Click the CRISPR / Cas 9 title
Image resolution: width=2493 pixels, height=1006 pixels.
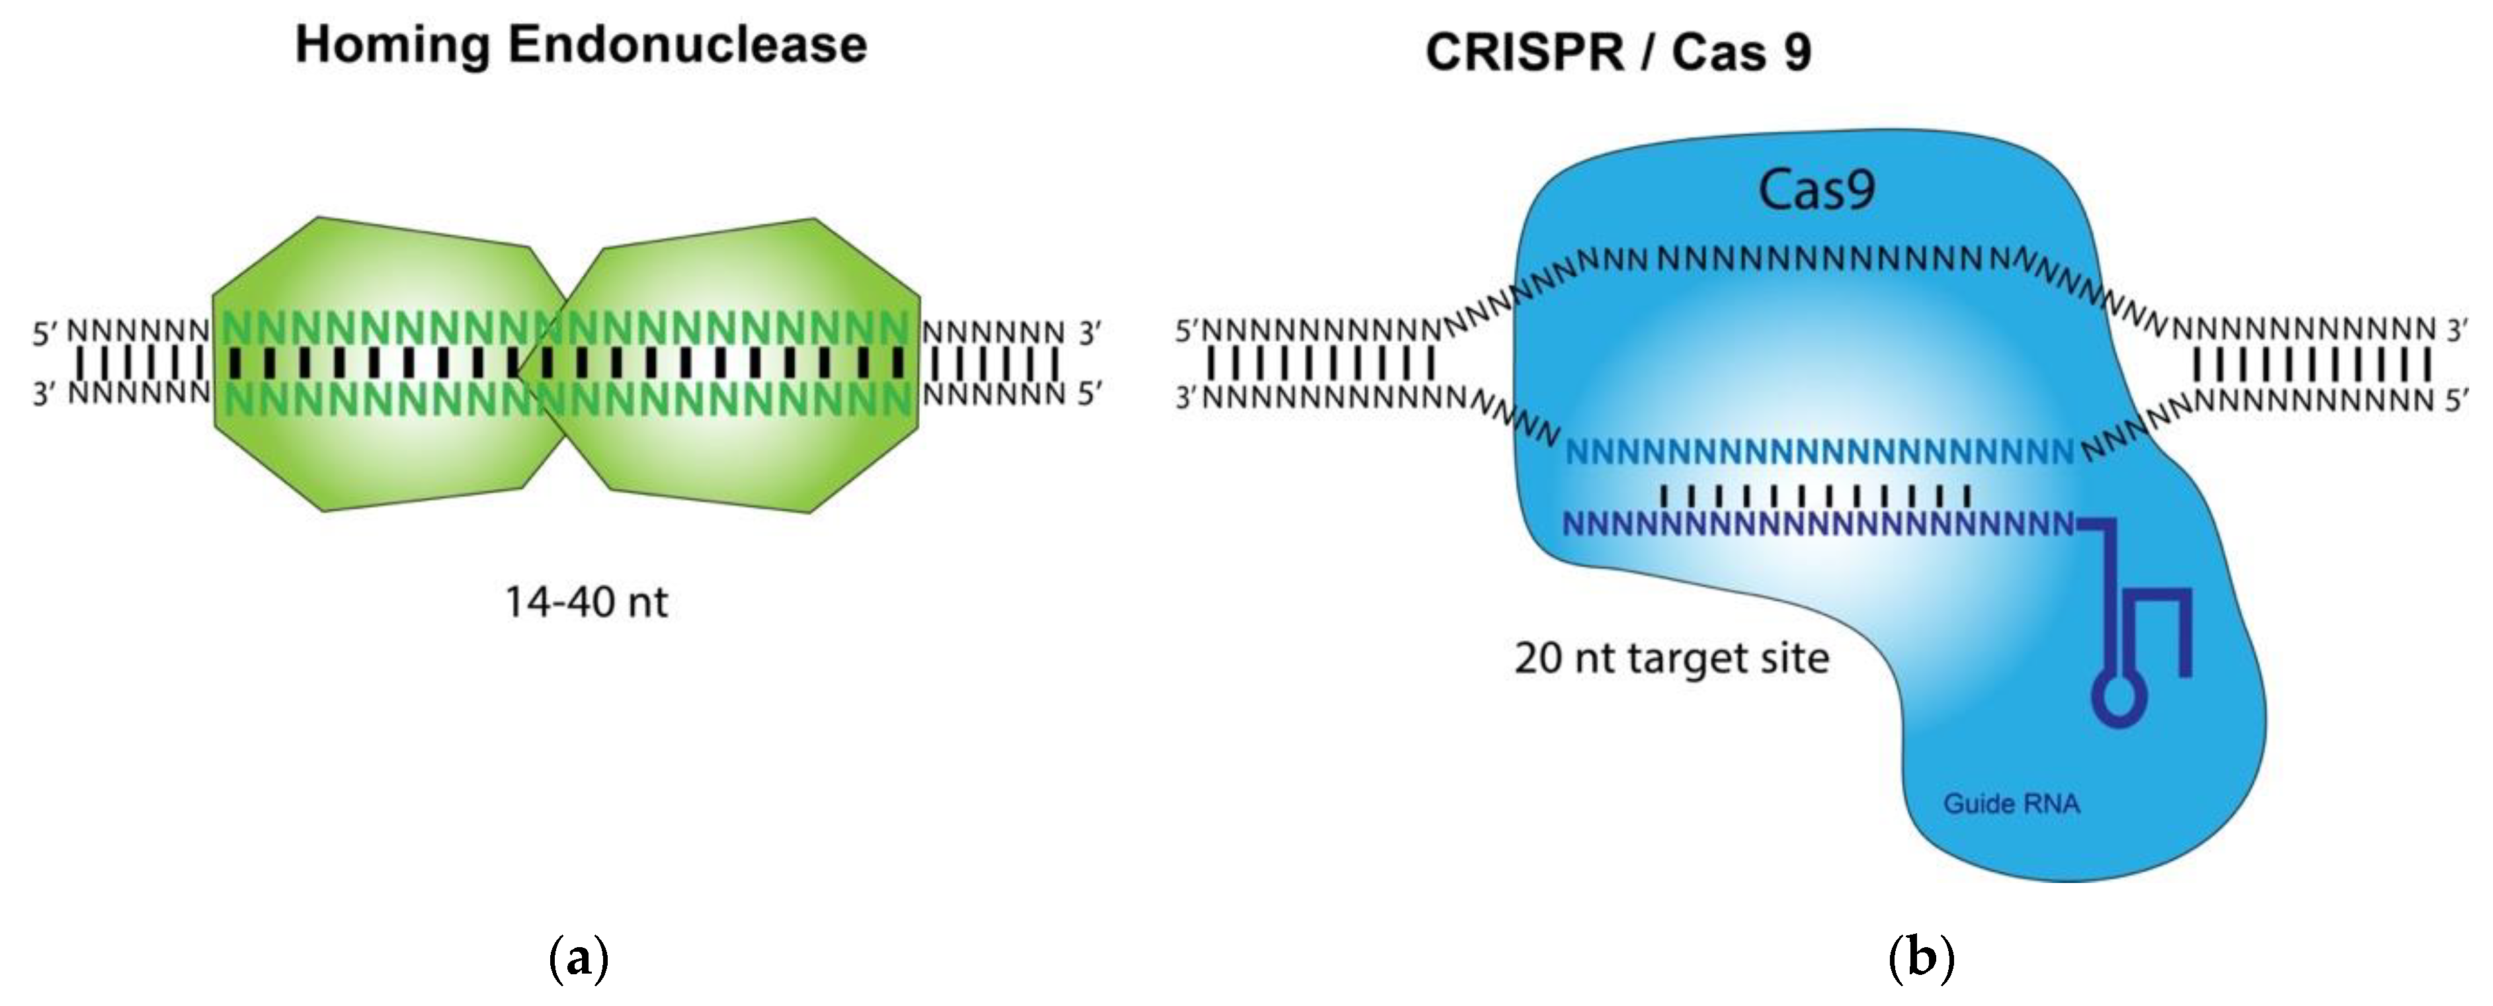click(1617, 52)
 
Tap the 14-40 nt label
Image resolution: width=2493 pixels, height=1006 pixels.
click(585, 603)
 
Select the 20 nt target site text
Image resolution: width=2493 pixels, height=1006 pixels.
click(1671, 658)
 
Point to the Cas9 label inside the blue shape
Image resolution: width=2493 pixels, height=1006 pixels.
click(1816, 190)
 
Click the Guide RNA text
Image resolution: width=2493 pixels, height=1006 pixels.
click(2011, 804)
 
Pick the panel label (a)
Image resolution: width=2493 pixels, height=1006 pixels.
click(578, 958)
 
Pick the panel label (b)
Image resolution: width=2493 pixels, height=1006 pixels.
click(1921, 958)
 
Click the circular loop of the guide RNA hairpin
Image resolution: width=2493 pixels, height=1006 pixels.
click(2119, 697)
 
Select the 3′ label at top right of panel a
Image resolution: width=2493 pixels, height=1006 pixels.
click(1090, 334)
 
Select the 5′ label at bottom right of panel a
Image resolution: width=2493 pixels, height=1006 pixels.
click(1090, 394)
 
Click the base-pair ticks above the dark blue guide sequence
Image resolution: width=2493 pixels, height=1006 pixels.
click(1816, 496)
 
